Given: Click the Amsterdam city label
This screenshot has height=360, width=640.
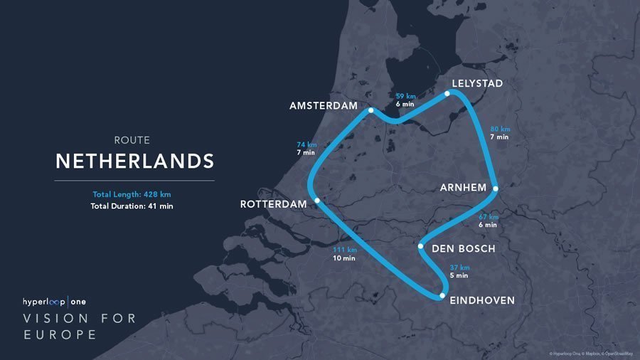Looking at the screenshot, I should (x=323, y=105).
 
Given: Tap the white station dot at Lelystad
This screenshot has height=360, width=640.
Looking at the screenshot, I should (x=447, y=93).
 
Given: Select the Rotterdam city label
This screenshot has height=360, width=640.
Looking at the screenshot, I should (x=273, y=204).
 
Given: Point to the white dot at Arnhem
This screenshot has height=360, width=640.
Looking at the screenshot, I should (x=495, y=189).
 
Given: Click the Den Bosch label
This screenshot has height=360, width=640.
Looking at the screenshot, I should (x=463, y=248).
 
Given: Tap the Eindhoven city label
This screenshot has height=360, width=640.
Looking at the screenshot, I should (x=482, y=301).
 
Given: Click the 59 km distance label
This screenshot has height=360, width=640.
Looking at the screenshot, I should (x=405, y=95).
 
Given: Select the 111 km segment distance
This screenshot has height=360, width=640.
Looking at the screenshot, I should (x=344, y=250).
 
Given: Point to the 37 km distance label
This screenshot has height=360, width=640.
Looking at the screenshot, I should (x=459, y=268).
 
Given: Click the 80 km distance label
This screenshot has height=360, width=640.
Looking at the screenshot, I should (x=500, y=129).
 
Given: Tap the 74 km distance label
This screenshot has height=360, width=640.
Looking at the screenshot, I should (x=306, y=144).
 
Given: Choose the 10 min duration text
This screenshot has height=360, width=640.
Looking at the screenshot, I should (x=344, y=258).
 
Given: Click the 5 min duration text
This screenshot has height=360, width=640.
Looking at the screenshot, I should (x=459, y=275).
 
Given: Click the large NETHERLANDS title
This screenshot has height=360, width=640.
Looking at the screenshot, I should (x=134, y=161).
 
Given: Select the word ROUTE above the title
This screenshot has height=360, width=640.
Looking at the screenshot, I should (x=132, y=140).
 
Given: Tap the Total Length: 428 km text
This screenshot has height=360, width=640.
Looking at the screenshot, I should (x=132, y=194).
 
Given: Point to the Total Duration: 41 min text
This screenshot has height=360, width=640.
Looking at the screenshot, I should (x=132, y=206).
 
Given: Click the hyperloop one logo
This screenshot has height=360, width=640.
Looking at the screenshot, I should (x=55, y=301).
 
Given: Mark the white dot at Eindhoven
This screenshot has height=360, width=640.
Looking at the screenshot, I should (x=442, y=295).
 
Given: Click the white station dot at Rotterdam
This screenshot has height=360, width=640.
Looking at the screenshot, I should (x=317, y=201).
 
